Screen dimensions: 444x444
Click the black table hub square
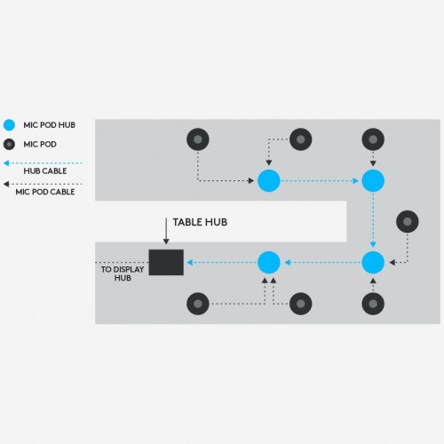[166, 262]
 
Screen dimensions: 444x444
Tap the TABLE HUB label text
[200, 222]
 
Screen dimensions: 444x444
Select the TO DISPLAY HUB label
[123, 274]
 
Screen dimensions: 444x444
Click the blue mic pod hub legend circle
[9, 125]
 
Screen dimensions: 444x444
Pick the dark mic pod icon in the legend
[9, 145]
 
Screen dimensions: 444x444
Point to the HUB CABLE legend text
[45, 171]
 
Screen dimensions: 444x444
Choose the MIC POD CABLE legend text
[45, 192]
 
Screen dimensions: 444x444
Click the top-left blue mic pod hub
[269, 180]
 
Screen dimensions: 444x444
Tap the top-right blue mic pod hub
[373, 180]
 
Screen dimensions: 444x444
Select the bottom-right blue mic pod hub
[373, 262]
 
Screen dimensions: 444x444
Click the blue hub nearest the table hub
[269, 262]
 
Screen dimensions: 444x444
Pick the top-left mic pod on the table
[198, 139]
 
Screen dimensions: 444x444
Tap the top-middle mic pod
[301, 139]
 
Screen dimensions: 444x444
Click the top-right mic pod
[373, 139]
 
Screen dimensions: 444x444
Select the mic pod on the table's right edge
[408, 221]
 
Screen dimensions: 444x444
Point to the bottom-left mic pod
[198, 304]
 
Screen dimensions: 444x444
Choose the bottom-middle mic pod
[301, 304]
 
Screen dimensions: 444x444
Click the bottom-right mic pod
[373, 304]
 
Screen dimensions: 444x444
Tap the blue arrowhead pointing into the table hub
[190, 262]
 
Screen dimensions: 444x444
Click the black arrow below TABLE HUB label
[166, 231]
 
